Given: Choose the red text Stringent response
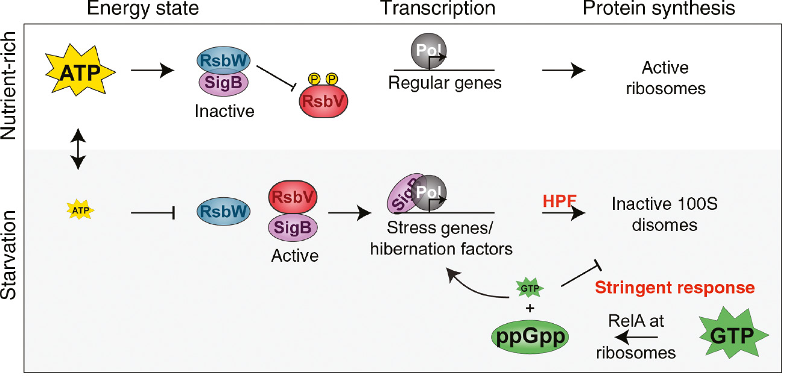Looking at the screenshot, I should (x=674, y=288).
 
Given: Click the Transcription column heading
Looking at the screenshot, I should (x=437, y=8).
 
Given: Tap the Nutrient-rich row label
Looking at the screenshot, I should (x=10, y=87).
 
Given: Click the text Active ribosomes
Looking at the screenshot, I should (x=665, y=78).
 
